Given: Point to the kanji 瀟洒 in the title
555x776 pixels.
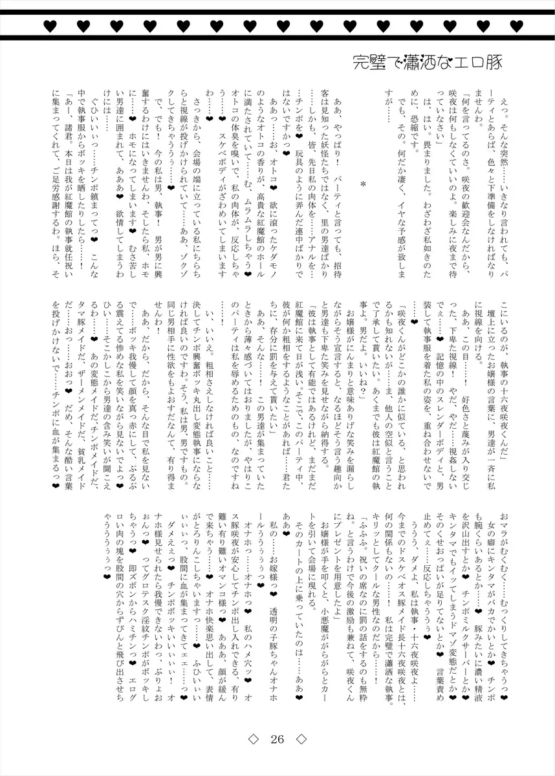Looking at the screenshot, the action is point(420,63).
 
